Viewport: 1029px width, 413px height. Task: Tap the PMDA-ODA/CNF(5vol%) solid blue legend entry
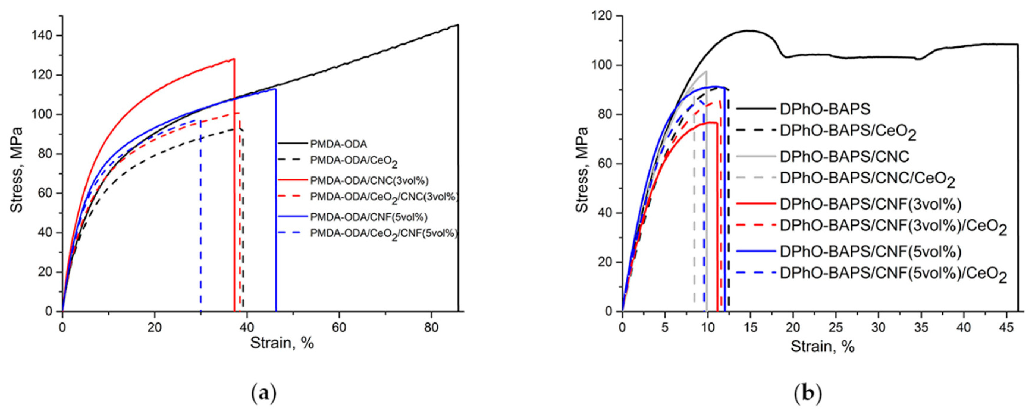tap(368, 217)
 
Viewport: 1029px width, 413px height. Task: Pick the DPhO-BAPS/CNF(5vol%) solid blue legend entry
tap(870, 251)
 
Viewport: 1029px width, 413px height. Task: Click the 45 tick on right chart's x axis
tap(1003, 328)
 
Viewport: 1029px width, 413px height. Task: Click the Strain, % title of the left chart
tap(282, 343)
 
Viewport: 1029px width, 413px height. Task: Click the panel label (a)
tap(263, 394)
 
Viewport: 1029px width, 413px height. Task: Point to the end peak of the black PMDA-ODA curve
tap(457, 25)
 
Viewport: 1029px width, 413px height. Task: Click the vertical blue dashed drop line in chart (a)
tap(200, 216)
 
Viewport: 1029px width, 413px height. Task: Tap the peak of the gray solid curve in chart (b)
tap(706, 71)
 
